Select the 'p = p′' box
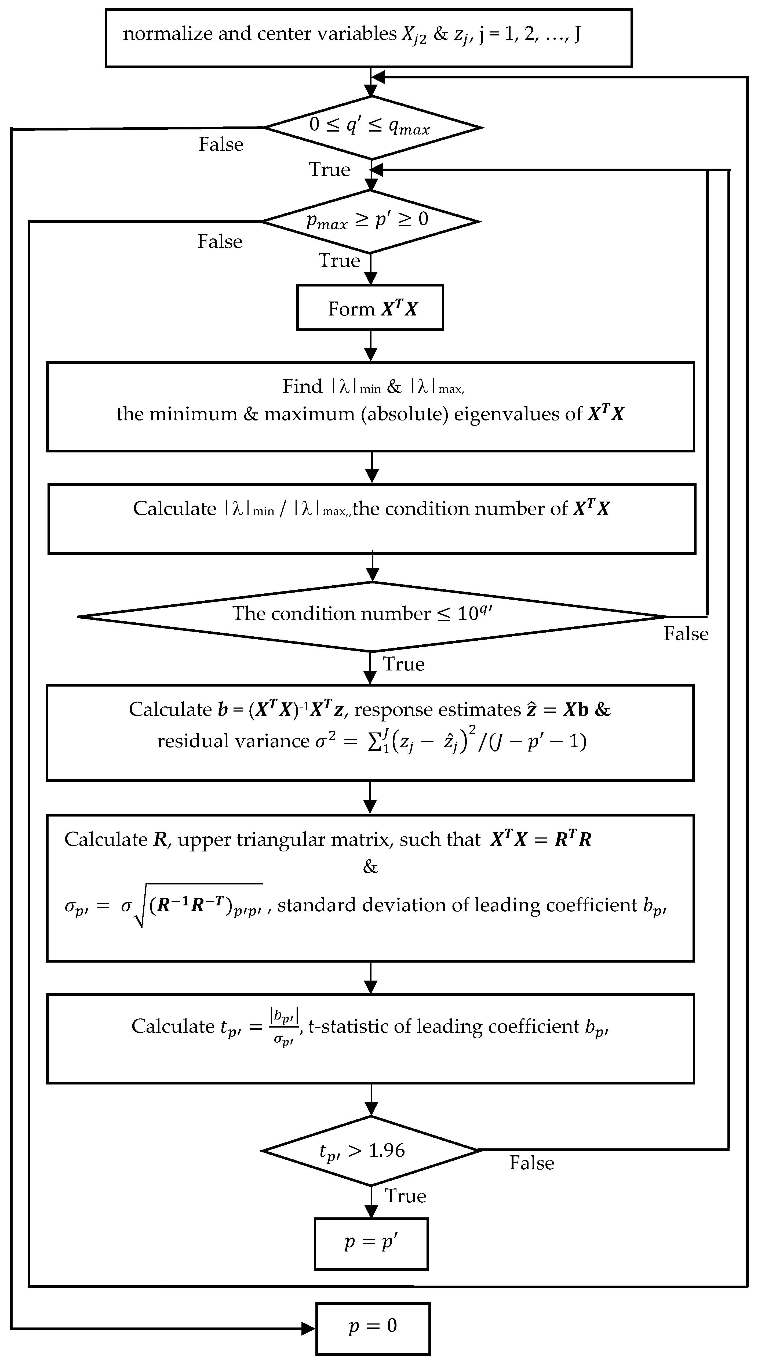[371, 1244]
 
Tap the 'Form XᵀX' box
[370, 308]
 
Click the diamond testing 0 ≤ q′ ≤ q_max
[372, 127]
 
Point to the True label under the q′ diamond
[329, 169]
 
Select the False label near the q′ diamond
[221, 144]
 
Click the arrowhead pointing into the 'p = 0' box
[309, 1328]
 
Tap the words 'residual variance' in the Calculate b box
[233, 741]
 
